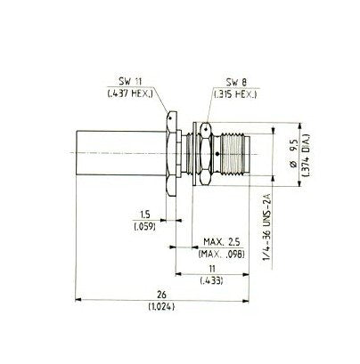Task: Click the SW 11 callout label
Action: point(131,81)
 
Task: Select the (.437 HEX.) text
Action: point(130,94)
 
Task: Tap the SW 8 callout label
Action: point(236,83)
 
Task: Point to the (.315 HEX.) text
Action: point(235,94)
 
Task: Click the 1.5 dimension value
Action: point(145,214)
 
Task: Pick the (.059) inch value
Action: point(145,227)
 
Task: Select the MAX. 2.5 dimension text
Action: point(222,242)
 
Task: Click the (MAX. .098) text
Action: point(222,255)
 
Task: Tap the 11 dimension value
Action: point(212,269)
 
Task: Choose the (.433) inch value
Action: point(212,280)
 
